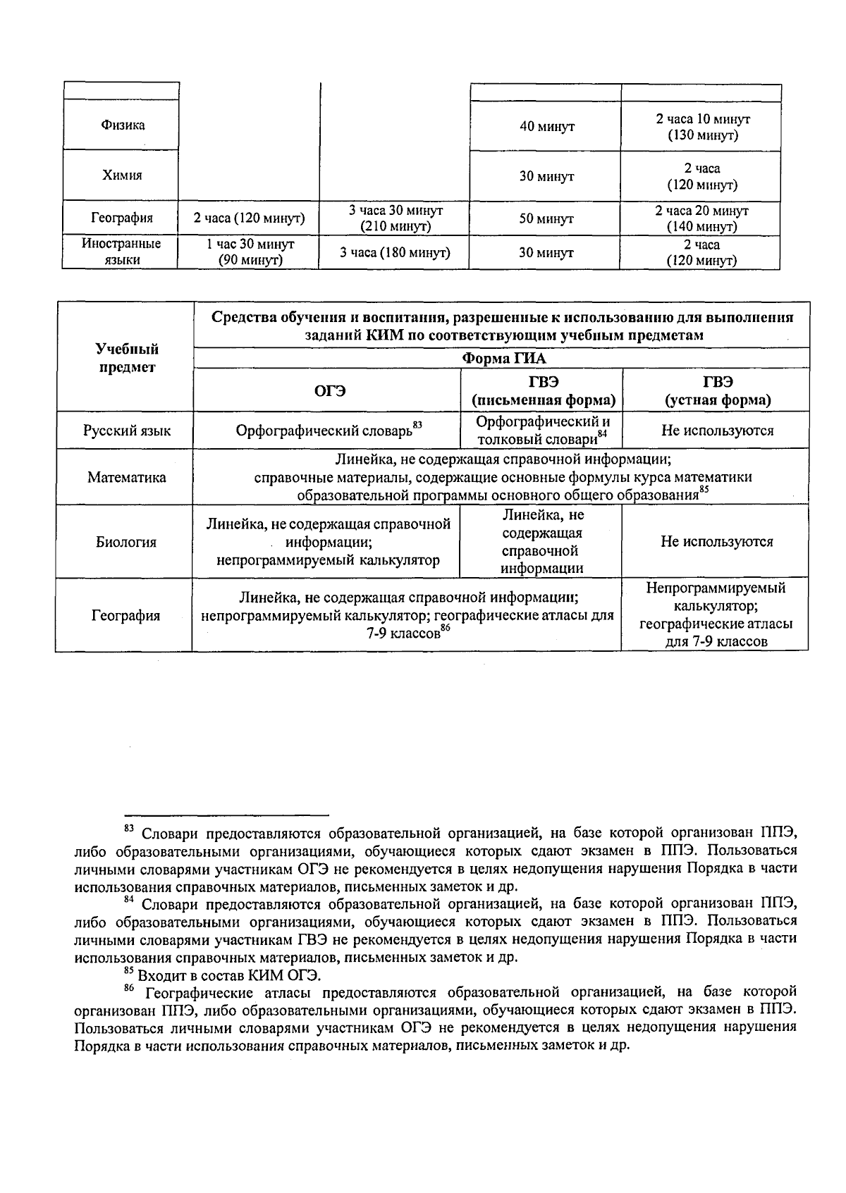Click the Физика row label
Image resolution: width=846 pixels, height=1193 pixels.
(123, 125)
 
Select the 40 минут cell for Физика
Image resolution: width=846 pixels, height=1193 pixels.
(546, 127)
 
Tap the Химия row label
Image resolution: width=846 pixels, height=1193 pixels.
(122, 175)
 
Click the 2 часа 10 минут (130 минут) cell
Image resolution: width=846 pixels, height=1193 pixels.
(701, 127)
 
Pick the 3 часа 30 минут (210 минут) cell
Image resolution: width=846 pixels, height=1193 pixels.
(395, 218)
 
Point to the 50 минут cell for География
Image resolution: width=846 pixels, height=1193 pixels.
(546, 218)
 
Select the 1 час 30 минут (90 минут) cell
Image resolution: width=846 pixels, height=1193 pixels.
(250, 252)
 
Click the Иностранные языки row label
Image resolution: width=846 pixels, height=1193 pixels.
(121, 252)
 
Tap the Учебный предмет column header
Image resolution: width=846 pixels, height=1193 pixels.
(127, 358)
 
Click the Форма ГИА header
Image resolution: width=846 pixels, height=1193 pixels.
(503, 358)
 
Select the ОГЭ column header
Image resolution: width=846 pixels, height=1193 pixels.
(329, 391)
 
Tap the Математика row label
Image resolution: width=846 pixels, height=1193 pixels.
(127, 478)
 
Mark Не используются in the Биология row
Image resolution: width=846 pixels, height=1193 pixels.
(716, 541)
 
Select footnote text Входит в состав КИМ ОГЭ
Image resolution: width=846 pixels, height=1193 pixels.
(229, 976)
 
